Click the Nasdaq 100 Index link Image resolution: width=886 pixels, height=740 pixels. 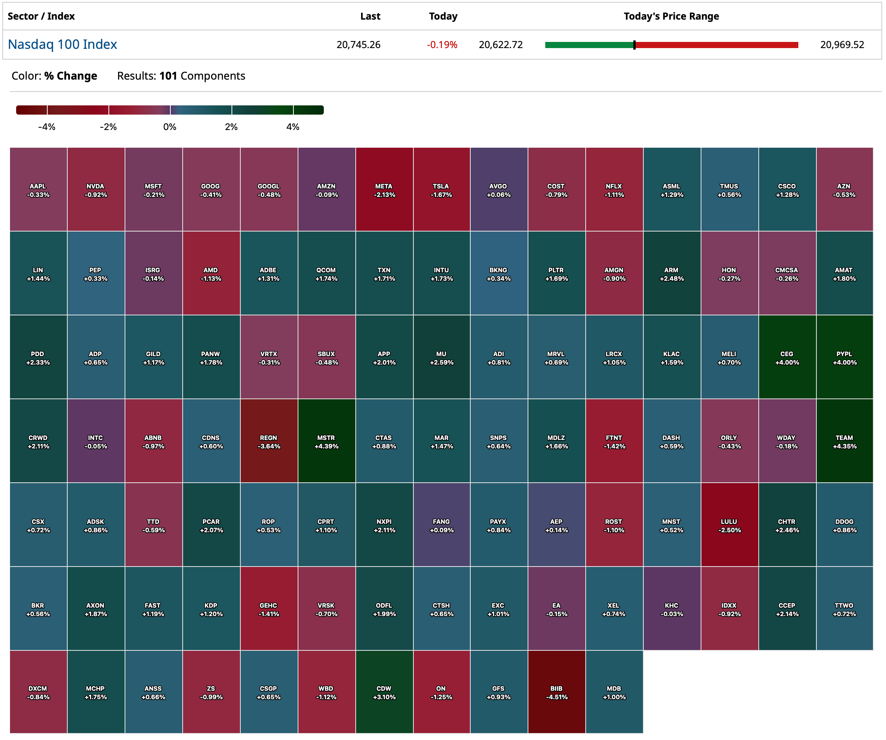(x=62, y=44)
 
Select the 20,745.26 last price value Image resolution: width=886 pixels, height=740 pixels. (x=358, y=45)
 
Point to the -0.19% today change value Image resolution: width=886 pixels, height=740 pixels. (x=442, y=45)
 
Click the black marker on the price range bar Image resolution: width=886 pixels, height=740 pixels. (x=634, y=45)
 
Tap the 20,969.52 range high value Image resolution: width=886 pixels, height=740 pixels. (x=842, y=45)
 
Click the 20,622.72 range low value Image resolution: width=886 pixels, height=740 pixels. (x=500, y=45)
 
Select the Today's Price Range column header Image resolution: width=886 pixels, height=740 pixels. (x=671, y=17)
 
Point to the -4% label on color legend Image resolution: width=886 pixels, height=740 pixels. (x=47, y=127)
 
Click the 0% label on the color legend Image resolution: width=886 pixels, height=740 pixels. (x=170, y=127)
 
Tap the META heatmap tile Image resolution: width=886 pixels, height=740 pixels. (x=384, y=190)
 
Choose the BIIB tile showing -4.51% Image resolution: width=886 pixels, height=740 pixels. (x=556, y=692)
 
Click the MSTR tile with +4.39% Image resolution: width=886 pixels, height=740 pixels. (x=326, y=441)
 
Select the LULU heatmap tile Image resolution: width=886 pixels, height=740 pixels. (x=729, y=525)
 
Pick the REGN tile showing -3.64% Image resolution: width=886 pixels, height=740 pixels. (x=269, y=441)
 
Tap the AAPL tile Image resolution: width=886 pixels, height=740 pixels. (x=38, y=190)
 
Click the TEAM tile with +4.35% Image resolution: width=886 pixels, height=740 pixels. (x=844, y=441)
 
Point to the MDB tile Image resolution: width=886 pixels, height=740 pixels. (x=614, y=692)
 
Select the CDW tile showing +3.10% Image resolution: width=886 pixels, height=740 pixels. (x=384, y=692)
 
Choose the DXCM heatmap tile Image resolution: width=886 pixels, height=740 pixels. (x=38, y=692)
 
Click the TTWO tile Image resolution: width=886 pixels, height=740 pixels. (x=844, y=609)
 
